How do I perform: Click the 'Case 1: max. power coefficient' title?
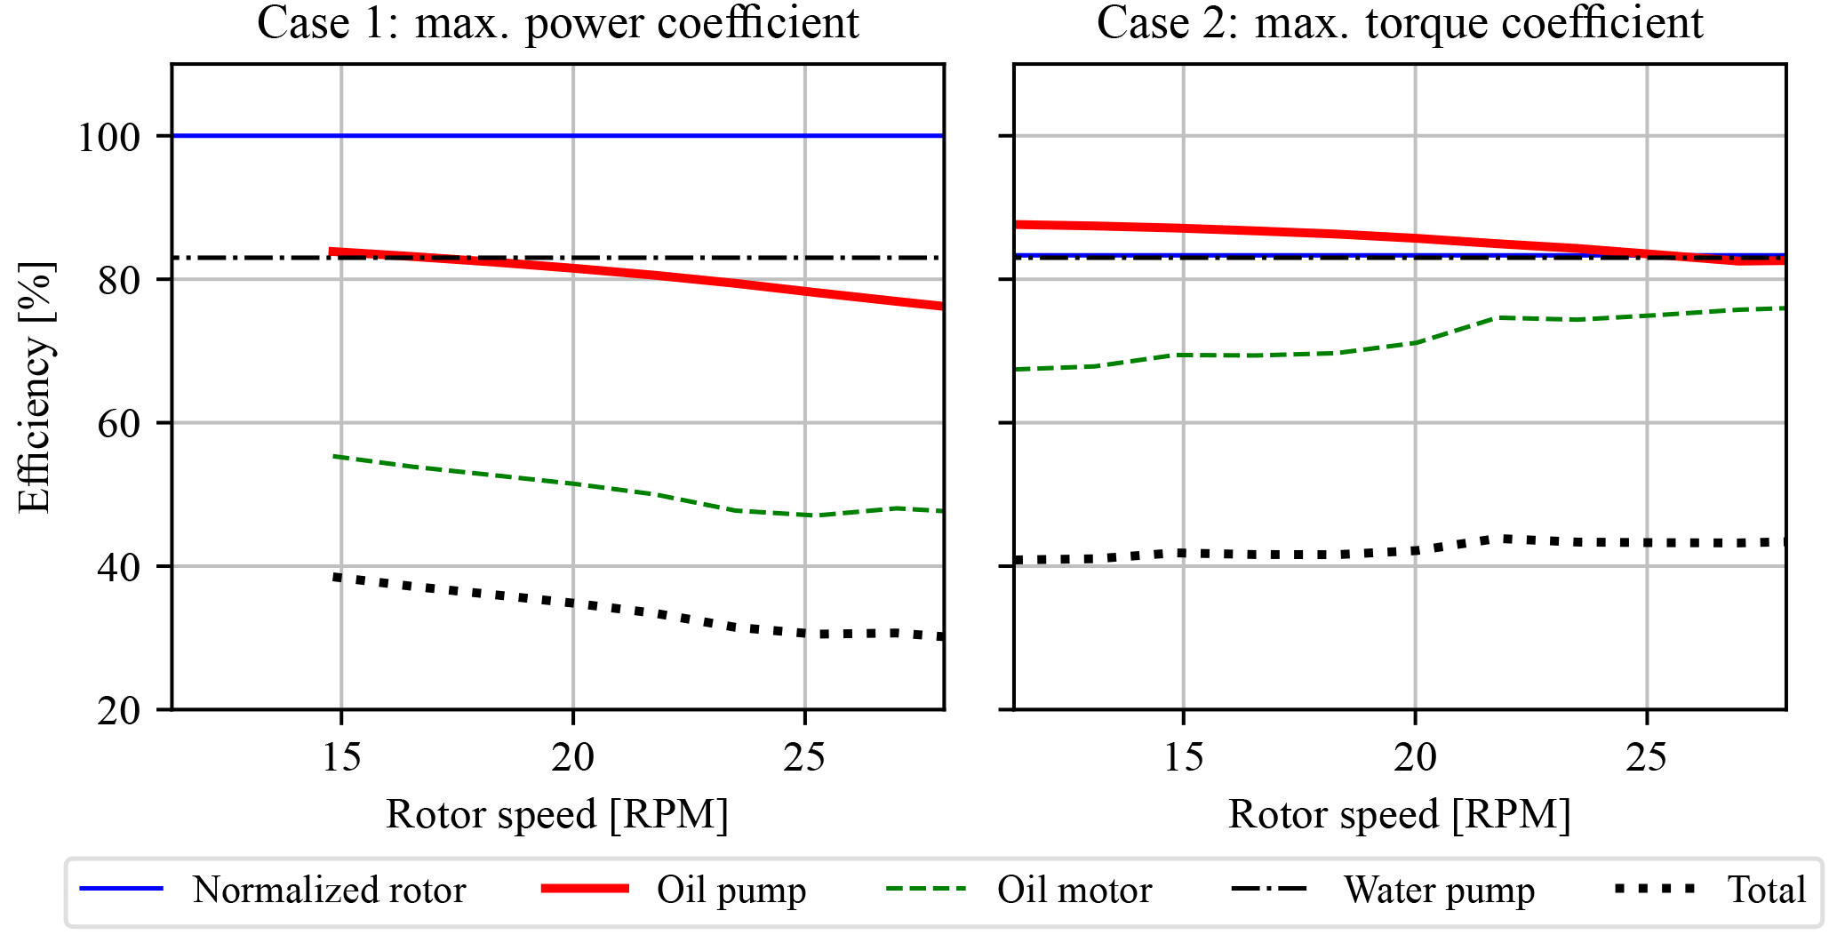coord(557,23)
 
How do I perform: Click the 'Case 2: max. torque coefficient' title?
coord(1400,23)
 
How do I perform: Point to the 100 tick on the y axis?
coord(109,137)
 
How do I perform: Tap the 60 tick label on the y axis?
coord(119,424)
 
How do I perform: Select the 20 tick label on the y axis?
coord(119,711)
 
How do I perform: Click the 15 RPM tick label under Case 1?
coord(341,757)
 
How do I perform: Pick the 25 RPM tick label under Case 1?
coord(804,757)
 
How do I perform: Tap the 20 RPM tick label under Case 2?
coord(1415,757)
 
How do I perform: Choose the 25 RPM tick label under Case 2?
coord(1647,757)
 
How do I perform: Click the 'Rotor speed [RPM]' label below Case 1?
coord(557,814)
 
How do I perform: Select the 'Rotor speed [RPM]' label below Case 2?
coord(1400,814)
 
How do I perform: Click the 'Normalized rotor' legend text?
coord(329,890)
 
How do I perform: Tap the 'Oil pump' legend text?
coord(731,890)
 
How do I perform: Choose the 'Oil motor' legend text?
coord(1074,890)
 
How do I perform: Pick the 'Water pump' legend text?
coord(1439,890)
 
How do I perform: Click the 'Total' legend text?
coord(1767,890)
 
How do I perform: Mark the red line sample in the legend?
coord(586,889)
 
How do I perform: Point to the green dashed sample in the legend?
coord(926,889)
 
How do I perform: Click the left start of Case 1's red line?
coord(331,252)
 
